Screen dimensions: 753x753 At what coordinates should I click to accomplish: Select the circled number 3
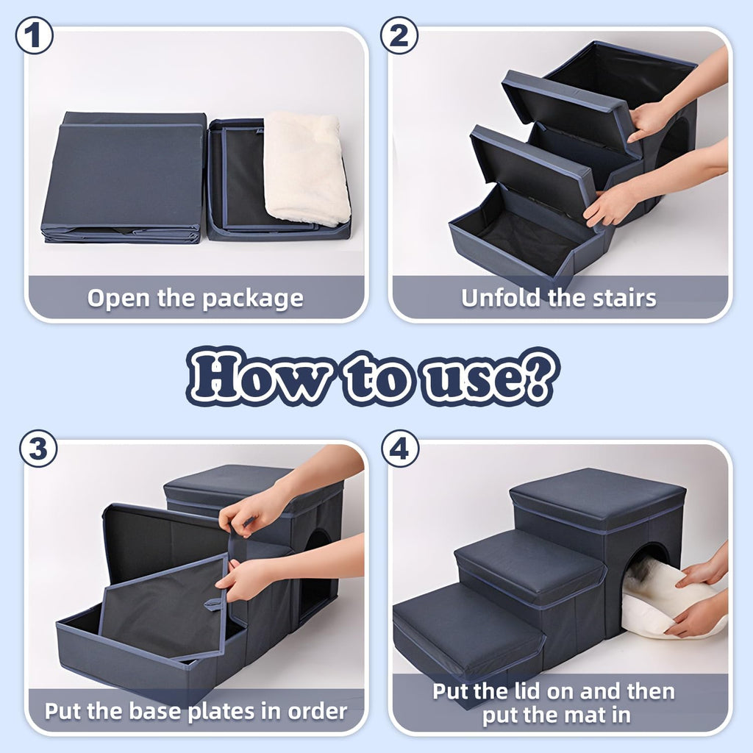(38, 449)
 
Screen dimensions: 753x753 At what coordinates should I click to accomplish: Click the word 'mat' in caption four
(590, 714)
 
